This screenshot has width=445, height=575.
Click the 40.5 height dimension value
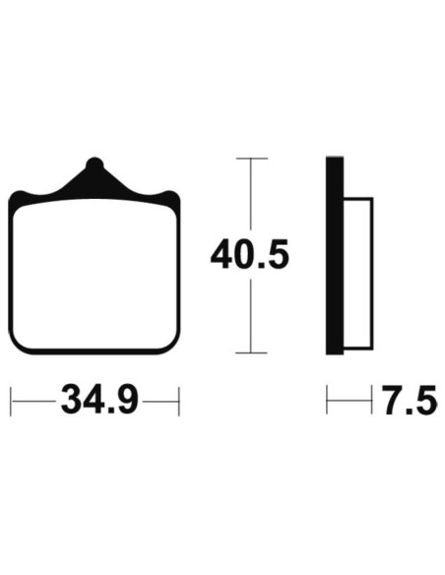(x=250, y=253)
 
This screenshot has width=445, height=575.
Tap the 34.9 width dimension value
(x=99, y=400)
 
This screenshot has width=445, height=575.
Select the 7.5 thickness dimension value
(x=411, y=400)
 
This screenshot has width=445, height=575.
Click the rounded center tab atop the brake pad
(x=95, y=163)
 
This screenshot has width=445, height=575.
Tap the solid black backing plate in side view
(x=335, y=256)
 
